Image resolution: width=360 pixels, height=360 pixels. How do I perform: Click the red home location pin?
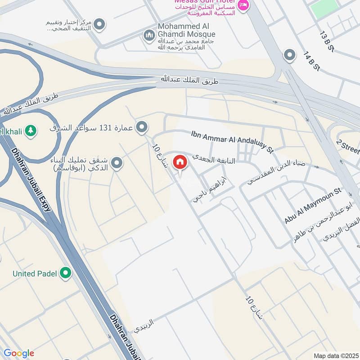tap(180, 162)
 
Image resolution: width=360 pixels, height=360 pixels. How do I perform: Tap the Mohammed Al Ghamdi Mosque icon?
tap(149, 35)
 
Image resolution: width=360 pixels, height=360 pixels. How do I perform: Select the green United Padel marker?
tap(66, 273)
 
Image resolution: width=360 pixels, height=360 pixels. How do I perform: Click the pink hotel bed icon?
tap(243, 5)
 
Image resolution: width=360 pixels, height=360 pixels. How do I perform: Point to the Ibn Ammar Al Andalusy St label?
tap(232, 141)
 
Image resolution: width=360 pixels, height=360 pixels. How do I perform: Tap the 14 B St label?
tap(311, 61)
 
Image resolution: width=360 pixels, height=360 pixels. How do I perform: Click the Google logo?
tap(18, 353)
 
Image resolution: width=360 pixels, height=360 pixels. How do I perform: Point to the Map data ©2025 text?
tap(335, 355)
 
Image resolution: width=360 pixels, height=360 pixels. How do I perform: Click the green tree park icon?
tap(31, 131)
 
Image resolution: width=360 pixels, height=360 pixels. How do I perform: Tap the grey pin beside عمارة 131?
tap(142, 127)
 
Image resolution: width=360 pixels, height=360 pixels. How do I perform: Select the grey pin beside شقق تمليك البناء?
tap(117, 163)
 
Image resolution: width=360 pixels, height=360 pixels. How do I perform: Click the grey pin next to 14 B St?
tap(289, 56)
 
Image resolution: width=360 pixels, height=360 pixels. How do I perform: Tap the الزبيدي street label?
tap(143, 325)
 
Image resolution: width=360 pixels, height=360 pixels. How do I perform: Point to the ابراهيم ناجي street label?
tap(210, 189)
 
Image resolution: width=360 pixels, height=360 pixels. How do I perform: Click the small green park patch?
tap(324, 8)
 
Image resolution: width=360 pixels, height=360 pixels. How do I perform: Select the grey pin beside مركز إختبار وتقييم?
tap(99, 24)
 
